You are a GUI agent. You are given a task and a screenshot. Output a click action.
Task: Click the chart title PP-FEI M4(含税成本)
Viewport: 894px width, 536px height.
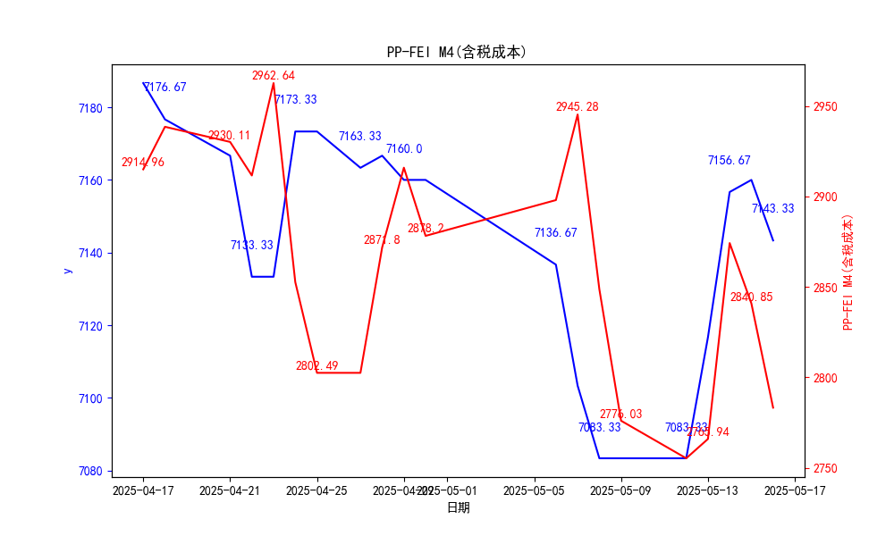click(457, 52)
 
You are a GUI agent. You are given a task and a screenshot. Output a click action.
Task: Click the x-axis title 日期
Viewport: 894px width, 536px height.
click(458, 507)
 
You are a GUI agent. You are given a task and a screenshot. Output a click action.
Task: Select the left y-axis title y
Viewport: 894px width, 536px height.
click(67, 271)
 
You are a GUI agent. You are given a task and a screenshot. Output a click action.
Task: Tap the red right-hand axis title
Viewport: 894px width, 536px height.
click(848, 272)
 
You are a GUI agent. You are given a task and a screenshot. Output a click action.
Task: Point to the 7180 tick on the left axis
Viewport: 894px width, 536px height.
click(91, 108)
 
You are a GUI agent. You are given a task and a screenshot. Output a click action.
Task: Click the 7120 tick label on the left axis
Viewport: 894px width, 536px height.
click(91, 326)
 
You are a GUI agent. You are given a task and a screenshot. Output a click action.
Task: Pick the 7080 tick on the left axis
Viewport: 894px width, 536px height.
click(91, 471)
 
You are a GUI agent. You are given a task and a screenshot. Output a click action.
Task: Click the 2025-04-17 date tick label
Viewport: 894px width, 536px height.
click(143, 490)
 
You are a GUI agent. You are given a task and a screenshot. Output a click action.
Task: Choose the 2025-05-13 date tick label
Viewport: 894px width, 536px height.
click(708, 490)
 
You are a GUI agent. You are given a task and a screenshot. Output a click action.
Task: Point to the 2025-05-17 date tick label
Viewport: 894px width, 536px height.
click(795, 490)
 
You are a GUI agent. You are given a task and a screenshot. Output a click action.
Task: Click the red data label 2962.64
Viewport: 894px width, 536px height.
click(273, 76)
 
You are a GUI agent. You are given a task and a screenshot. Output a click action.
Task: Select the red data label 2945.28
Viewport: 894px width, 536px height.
click(577, 107)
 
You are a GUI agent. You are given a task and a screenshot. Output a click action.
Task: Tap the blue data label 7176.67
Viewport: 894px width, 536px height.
click(164, 88)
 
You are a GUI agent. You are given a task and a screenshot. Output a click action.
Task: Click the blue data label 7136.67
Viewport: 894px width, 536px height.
click(555, 233)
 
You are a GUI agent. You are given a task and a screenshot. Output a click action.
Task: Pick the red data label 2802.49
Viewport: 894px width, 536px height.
click(316, 366)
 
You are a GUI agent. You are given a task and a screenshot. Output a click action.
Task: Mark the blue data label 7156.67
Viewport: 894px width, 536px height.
click(729, 161)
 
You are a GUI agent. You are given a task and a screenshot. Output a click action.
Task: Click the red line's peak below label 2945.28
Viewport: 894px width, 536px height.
click(578, 114)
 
